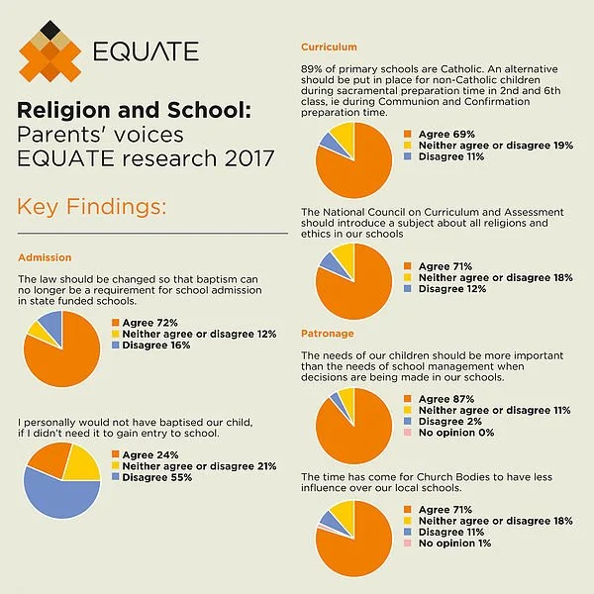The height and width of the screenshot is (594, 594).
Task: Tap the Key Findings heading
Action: pyautogui.click(x=91, y=207)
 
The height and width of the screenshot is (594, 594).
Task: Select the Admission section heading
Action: pyautogui.click(x=45, y=258)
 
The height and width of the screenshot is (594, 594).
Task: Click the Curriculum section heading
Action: pyautogui.click(x=329, y=47)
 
